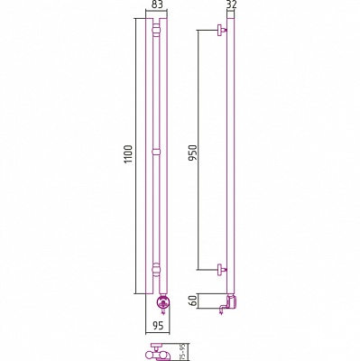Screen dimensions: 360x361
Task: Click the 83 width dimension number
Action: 156,5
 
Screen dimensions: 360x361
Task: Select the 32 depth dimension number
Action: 231,5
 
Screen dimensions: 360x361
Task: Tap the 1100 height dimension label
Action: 129,154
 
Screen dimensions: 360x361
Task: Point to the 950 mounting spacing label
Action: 193,153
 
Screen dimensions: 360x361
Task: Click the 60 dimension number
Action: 195,301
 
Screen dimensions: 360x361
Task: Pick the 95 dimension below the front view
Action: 158,326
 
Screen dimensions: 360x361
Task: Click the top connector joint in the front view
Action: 156,31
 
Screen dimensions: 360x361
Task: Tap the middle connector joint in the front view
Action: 156,151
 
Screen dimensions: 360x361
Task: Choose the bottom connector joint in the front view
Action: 156,269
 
